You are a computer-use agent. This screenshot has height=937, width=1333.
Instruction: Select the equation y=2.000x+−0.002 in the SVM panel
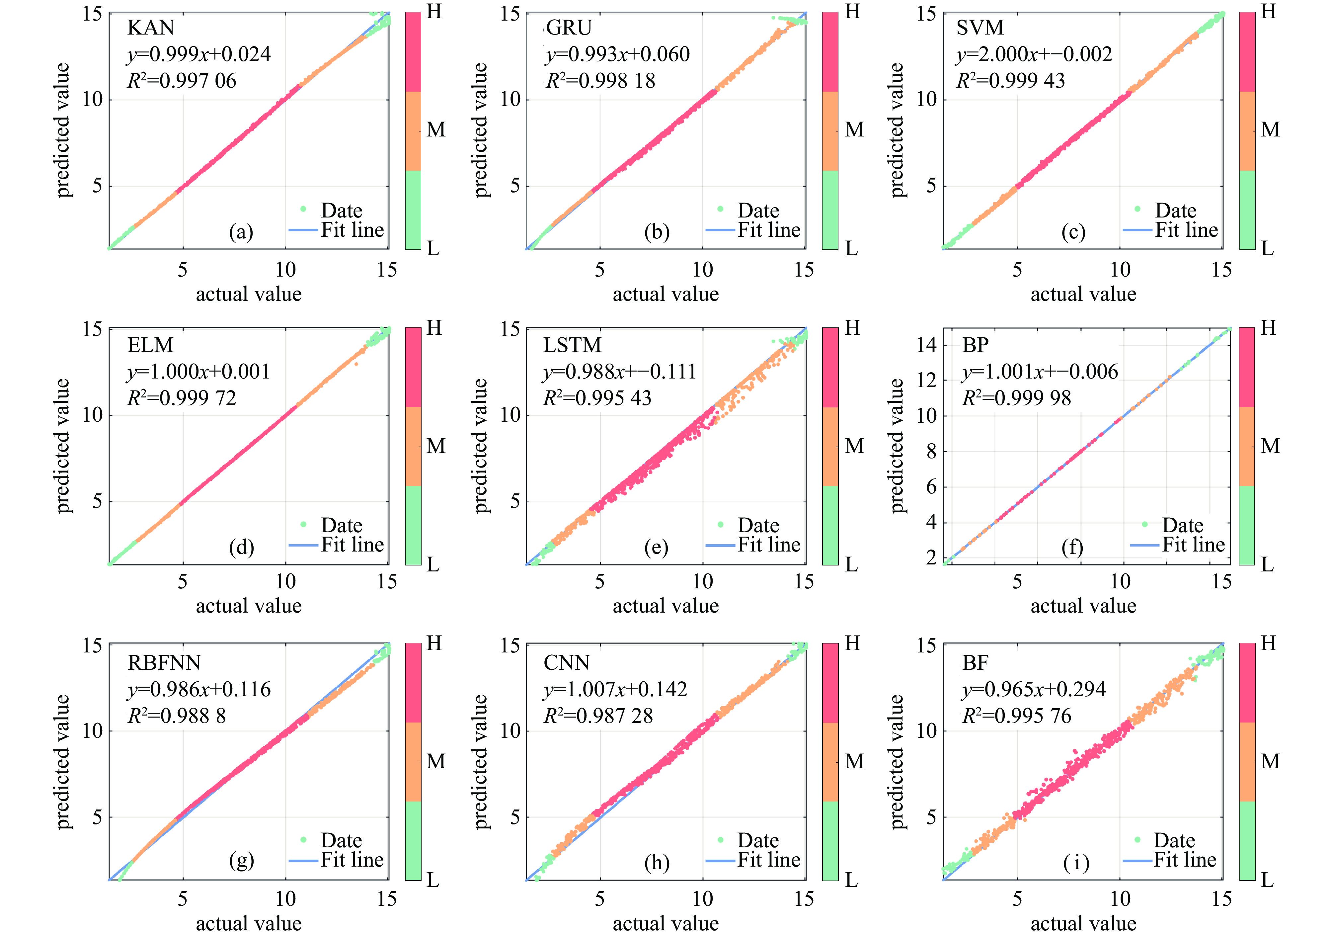coord(1033,54)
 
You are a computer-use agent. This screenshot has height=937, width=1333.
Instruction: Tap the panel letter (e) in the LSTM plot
coord(656,547)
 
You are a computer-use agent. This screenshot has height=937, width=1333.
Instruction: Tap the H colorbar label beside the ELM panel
coord(434,328)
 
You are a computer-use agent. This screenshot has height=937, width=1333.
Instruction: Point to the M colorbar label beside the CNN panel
coord(854,761)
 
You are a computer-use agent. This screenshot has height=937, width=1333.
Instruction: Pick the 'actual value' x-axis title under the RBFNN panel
coord(249,923)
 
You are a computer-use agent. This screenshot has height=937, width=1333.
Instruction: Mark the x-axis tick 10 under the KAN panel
coord(285,270)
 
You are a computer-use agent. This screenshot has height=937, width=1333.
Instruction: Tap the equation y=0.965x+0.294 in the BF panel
coord(1033,689)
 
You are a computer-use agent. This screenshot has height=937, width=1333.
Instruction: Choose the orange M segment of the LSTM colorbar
coord(830,446)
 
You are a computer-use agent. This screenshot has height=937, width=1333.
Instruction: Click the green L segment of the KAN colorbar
coord(413,210)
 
